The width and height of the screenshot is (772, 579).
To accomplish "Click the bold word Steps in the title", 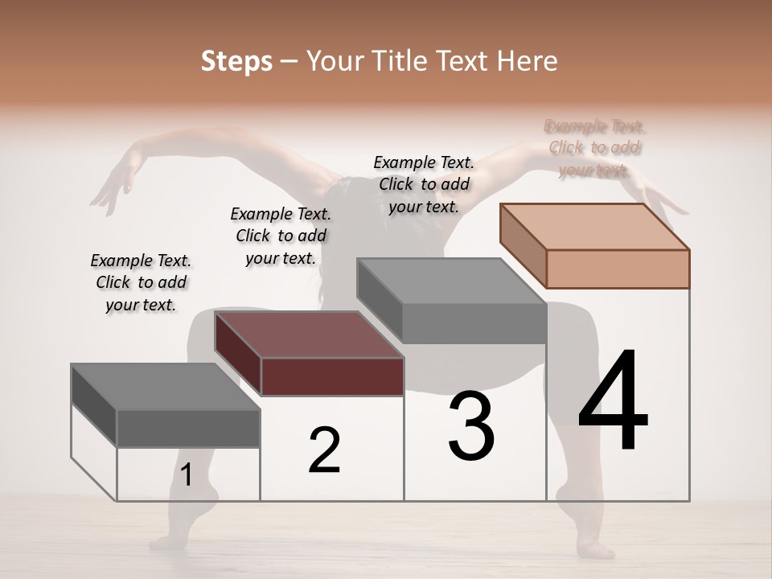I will pyautogui.click(x=236, y=61).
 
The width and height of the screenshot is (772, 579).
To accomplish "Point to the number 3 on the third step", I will pyautogui.click(x=471, y=426).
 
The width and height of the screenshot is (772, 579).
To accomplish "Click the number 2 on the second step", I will pyautogui.click(x=324, y=450).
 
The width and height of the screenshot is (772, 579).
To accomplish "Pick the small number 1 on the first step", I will pyautogui.click(x=187, y=475).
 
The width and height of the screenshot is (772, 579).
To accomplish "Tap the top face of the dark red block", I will pyautogui.click(x=309, y=335).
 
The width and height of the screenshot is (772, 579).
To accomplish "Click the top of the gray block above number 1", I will pyautogui.click(x=166, y=387).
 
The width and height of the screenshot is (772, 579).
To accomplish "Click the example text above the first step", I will pyautogui.click(x=141, y=282).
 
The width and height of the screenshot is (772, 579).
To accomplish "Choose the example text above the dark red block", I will pyautogui.click(x=281, y=236).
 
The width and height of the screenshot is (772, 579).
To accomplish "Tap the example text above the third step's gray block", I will pyautogui.click(x=424, y=184).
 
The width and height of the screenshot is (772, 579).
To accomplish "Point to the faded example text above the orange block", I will pyautogui.click(x=594, y=148).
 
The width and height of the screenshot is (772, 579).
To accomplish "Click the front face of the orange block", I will pyautogui.click(x=618, y=269).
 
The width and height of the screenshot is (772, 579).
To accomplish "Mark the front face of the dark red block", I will pyautogui.click(x=332, y=376).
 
